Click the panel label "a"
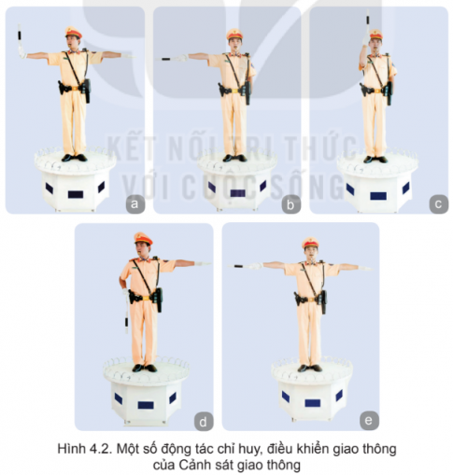134,202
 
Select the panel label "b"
291,202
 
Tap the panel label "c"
436,202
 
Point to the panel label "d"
204,417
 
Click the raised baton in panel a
19,41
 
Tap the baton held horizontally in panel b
170,59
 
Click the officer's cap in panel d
141,238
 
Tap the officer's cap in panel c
375,35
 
